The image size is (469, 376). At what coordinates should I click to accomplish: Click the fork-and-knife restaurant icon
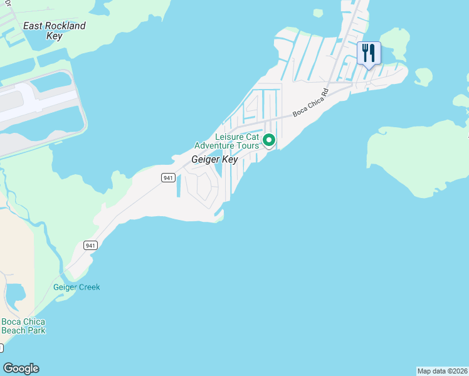click(369, 53)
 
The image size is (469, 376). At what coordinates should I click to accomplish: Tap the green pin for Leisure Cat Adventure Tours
click(269, 140)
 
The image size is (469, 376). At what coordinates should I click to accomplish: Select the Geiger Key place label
click(214, 160)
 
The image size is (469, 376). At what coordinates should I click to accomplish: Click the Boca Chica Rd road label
click(311, 105)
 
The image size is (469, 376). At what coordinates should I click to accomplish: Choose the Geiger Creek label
click(76, 287)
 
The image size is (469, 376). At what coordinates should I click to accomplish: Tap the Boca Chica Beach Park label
click(23, 326)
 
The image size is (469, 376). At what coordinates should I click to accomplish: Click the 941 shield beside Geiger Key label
click(167, 178)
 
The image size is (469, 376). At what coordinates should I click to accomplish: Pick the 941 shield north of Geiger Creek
click(90, 245)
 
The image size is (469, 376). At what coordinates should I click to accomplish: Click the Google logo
click(21, 368)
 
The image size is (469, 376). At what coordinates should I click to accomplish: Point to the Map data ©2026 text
click(442, 371)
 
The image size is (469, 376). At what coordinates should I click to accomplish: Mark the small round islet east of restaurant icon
click(423, 76)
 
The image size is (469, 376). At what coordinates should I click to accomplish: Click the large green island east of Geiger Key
click(417, 160)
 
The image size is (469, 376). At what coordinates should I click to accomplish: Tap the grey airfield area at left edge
click(38, 110)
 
